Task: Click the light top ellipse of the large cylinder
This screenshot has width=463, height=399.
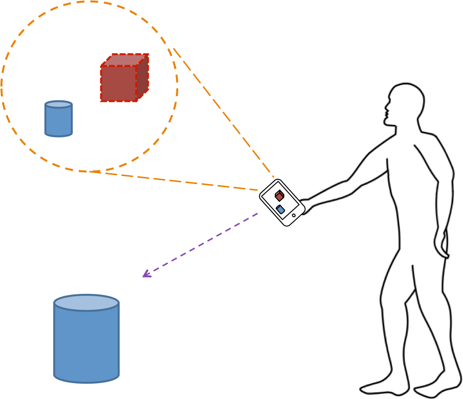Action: [86, 303]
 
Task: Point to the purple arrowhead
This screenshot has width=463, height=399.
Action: [145, 274]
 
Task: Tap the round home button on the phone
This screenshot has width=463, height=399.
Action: [294, 215]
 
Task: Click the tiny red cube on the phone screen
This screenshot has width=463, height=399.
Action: [279, 195]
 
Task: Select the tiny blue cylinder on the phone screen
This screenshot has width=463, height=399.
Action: [281, 209]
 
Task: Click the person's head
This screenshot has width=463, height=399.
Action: [406, 101]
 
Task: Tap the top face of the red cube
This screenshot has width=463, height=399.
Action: [125, 60]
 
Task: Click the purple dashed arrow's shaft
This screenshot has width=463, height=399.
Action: [202, 244]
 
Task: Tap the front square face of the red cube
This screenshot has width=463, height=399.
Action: [119, 83]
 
